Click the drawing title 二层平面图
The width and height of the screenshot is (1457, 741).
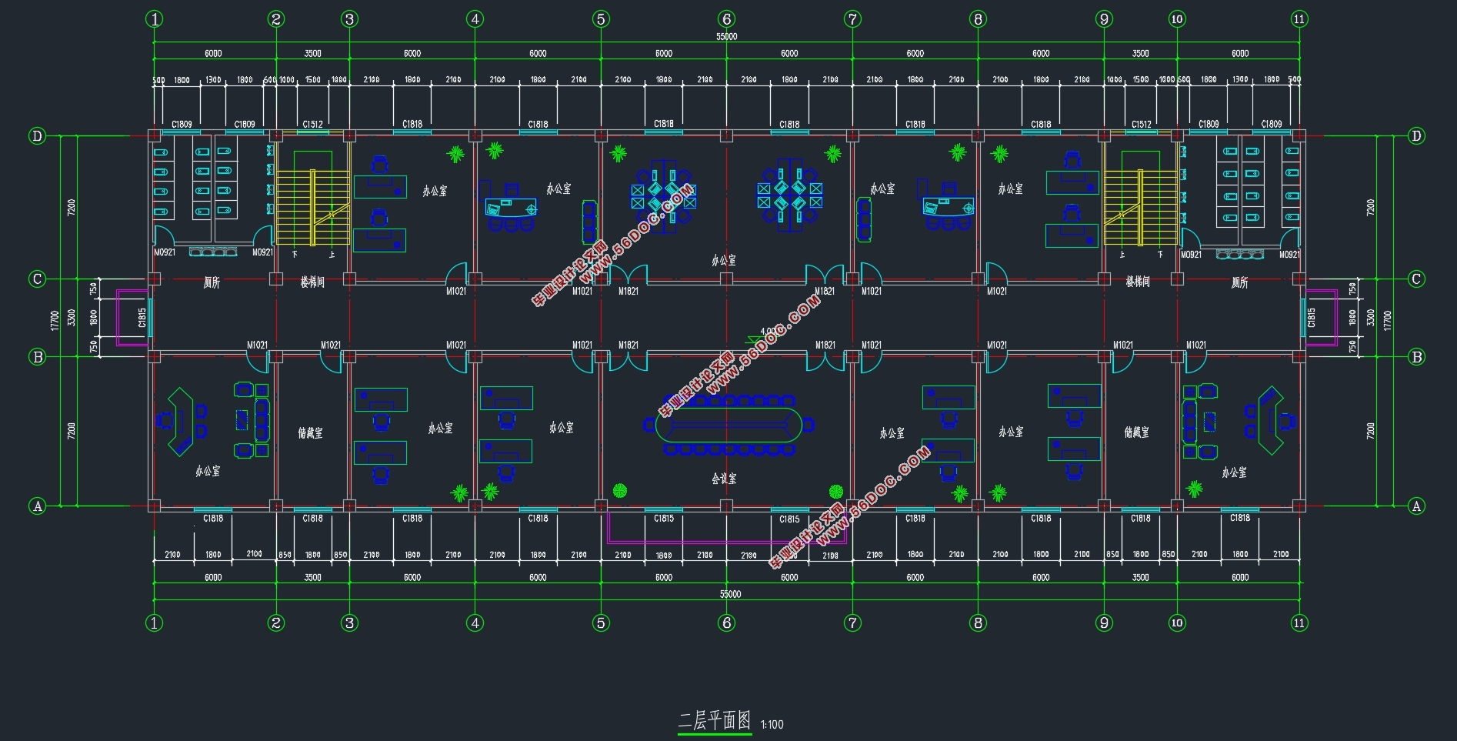[714, 721]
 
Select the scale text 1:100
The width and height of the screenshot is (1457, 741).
[772, 725]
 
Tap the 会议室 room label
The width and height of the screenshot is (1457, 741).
[724, 479]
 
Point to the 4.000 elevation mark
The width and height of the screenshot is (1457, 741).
[768, 332]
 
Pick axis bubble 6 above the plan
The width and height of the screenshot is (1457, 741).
[727, 19]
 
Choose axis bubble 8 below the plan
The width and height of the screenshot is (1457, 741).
[978, 623]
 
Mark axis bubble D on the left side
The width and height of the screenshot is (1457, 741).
[37, 136]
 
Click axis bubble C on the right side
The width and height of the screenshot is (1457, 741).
[1416, 279]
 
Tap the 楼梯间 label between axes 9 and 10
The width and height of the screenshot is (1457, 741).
[1137, 282]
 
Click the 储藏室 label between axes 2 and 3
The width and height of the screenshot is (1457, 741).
[311, 433]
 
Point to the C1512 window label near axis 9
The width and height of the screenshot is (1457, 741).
[1141, 124]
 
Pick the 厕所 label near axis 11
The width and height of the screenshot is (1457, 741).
[1239, 283]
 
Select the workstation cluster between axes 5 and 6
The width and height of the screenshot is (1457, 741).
[663, 195]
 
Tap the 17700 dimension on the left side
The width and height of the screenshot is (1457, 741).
[55, 320]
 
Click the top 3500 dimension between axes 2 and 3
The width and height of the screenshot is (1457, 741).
[312, 53]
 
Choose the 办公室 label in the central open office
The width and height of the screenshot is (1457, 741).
[724, 261]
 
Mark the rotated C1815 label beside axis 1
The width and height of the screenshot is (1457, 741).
[142, 317]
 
